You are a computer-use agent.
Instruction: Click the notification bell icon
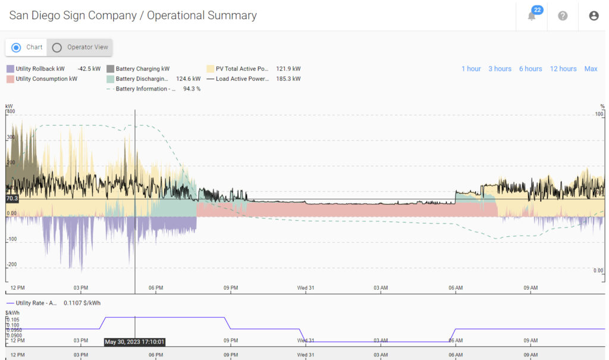(532, 16)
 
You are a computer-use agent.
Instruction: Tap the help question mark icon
(563, 16)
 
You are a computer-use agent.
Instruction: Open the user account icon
(594, 16)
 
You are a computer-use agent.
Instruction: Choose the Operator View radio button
(57, 47)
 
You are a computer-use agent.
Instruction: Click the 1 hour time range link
(471, 69)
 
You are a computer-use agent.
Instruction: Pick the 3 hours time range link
(500, 69)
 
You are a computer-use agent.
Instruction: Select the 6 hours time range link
(530, 69)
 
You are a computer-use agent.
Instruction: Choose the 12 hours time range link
(563, 69)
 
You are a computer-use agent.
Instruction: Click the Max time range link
(591, 69)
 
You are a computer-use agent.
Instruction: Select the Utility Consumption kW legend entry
(46, 79)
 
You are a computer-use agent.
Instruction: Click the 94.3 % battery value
(192, 89)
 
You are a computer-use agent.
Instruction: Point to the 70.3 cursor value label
(12, 199)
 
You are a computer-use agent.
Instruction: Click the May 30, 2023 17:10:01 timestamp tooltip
(134, 342)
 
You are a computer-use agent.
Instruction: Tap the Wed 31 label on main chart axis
(306, 288)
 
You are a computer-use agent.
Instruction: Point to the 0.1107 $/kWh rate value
(83, 303)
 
